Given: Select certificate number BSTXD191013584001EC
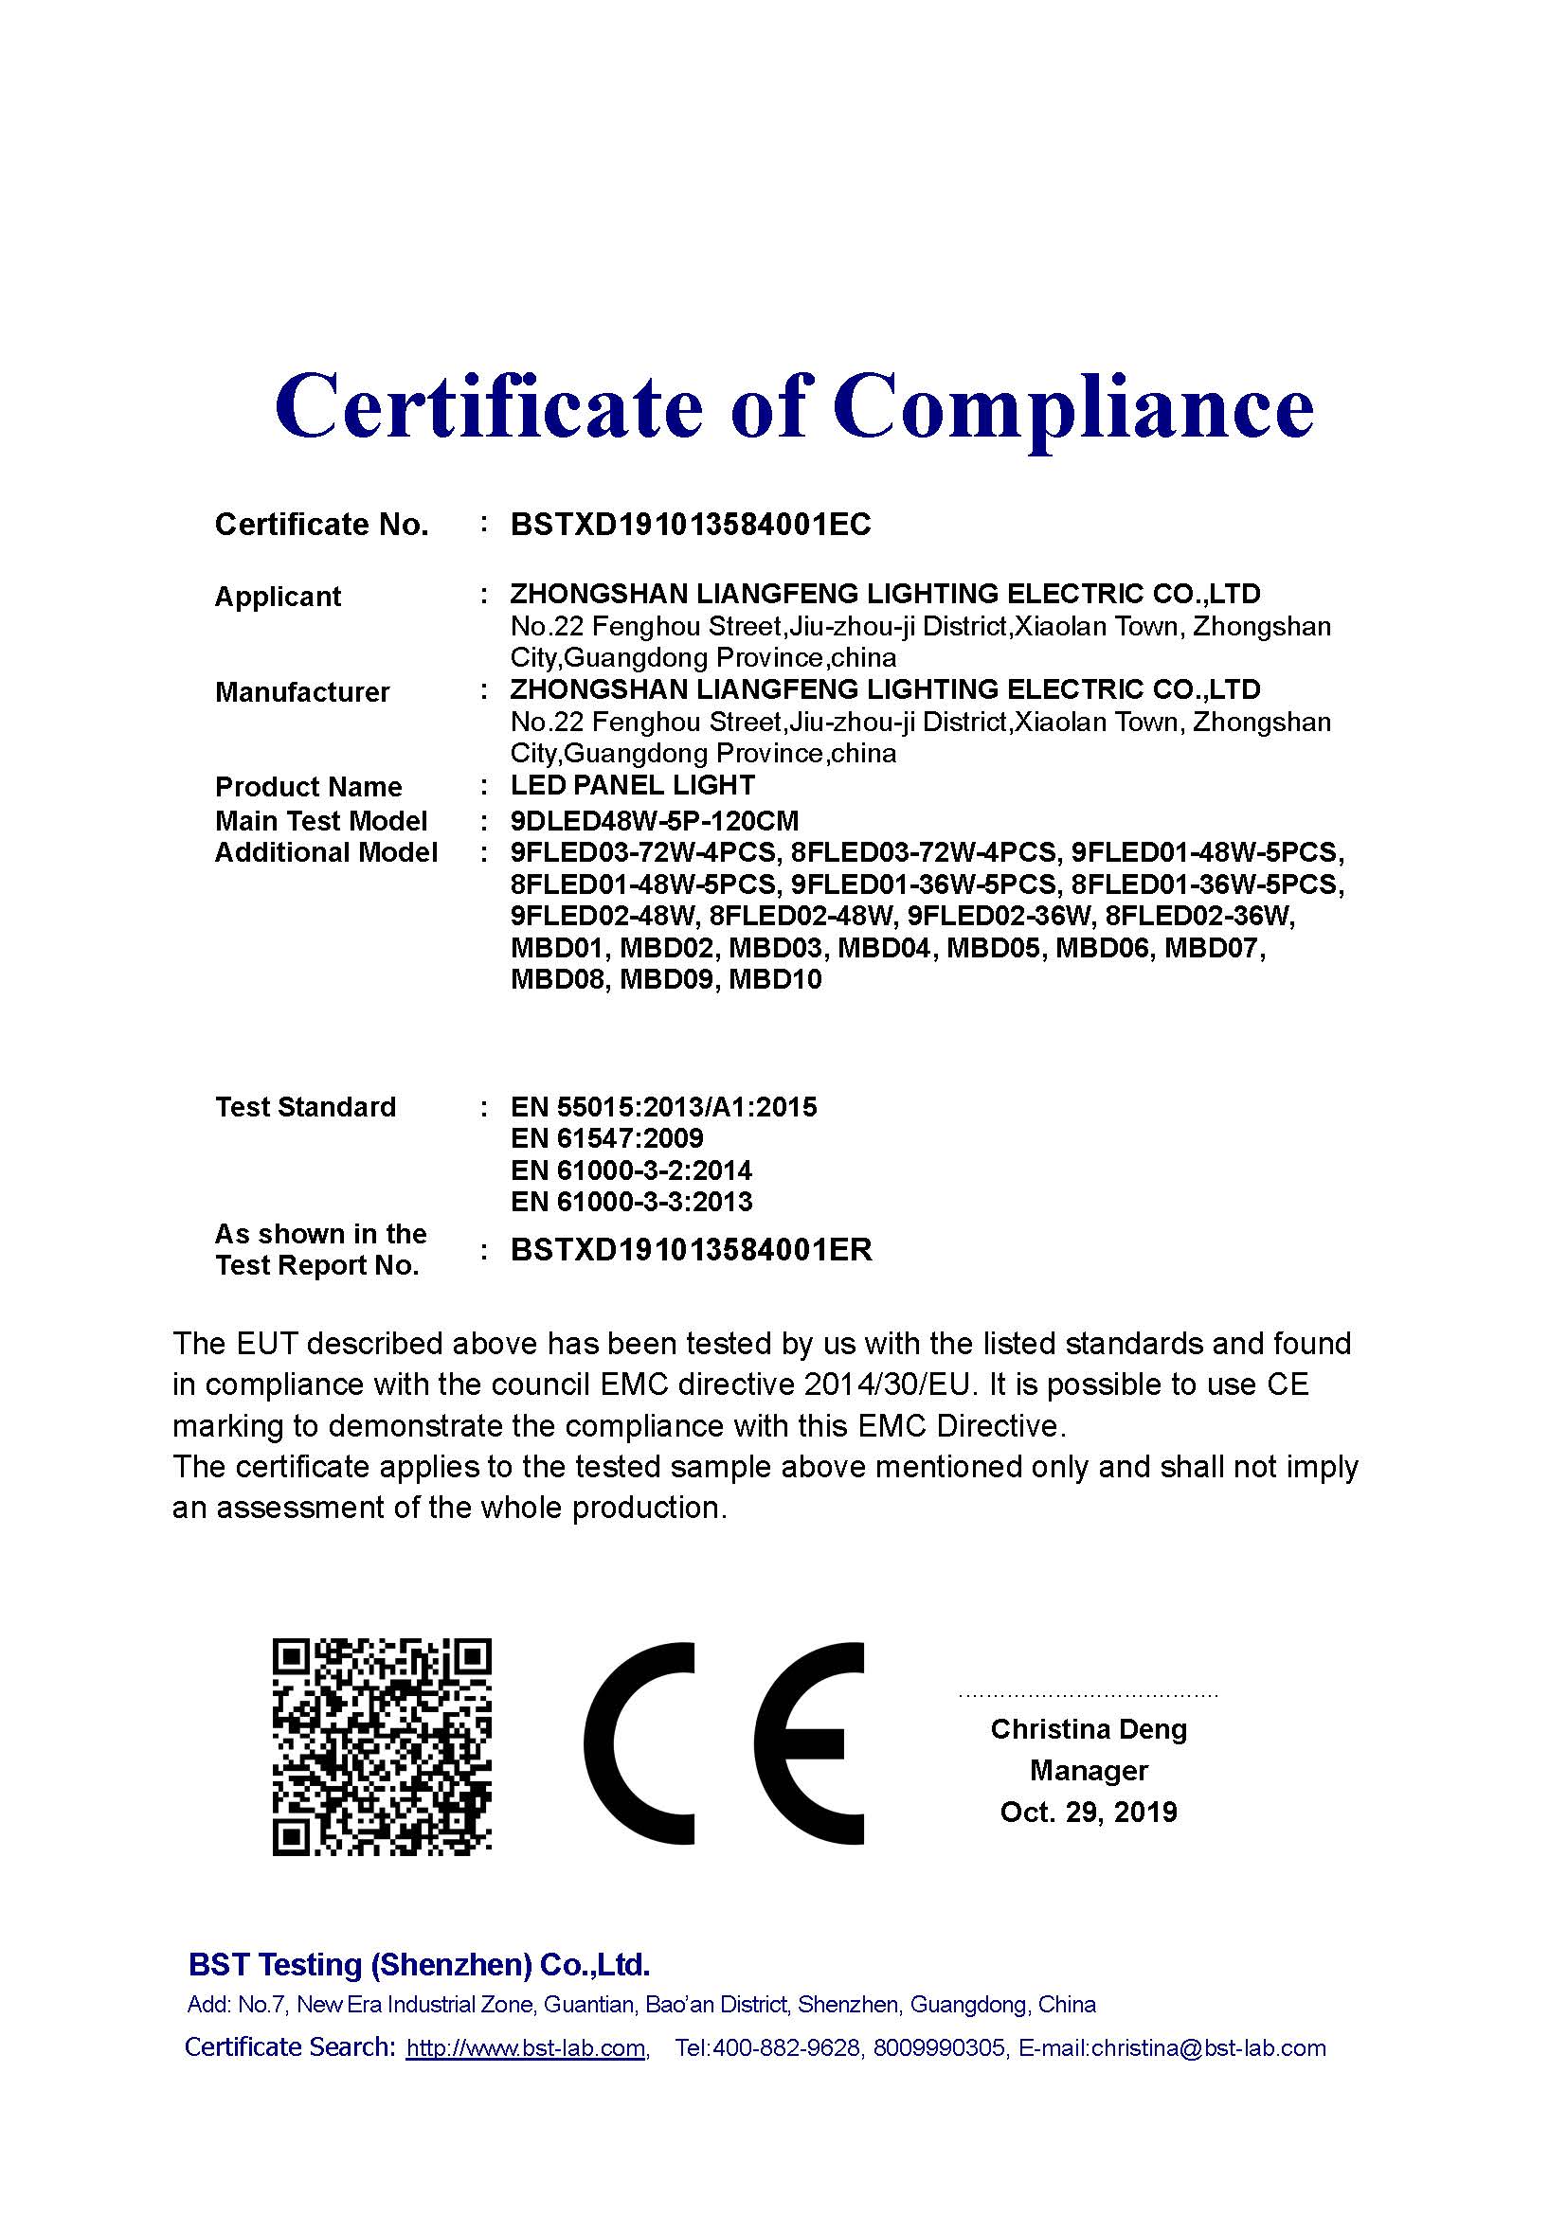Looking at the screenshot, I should (690, 525).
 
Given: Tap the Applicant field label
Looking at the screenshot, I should (278, 597).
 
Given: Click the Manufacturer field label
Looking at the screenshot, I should (302, 691).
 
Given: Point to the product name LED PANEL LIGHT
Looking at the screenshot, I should (632, 785).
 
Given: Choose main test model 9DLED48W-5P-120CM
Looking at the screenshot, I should (655, 821).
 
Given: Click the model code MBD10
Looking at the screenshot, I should (775, 980).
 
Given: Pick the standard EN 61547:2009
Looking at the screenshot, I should (607, 1138).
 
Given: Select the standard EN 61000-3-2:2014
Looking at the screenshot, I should (631, 1170).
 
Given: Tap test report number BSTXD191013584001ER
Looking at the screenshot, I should (691, 1250).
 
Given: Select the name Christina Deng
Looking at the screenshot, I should (1089, 1729).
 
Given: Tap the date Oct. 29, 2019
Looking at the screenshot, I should (1089, 1812).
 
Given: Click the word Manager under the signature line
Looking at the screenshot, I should (1089, 1770).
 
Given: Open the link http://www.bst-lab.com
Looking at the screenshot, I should (526, 2048).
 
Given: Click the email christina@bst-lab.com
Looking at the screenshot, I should (1208, 2048).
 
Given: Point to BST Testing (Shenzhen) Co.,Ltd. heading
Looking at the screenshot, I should (419, 1965).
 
